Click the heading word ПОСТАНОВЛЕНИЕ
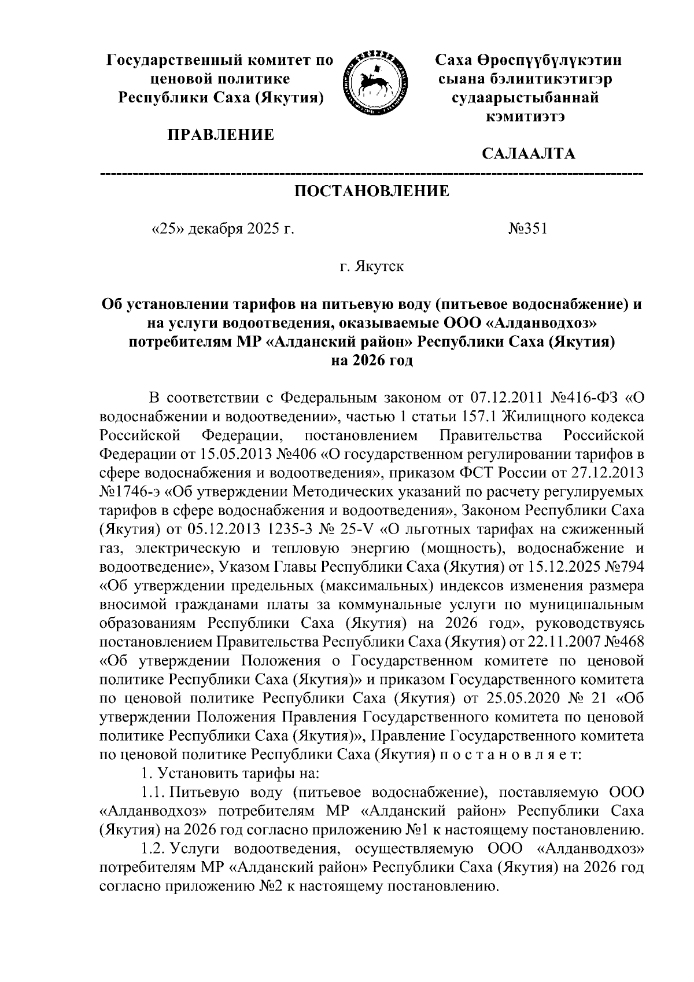click(372, 192)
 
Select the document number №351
click(527, 229)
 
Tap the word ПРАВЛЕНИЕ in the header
click(222, 136)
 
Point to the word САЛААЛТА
click(528, 155)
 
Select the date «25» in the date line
click(166, 229)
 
